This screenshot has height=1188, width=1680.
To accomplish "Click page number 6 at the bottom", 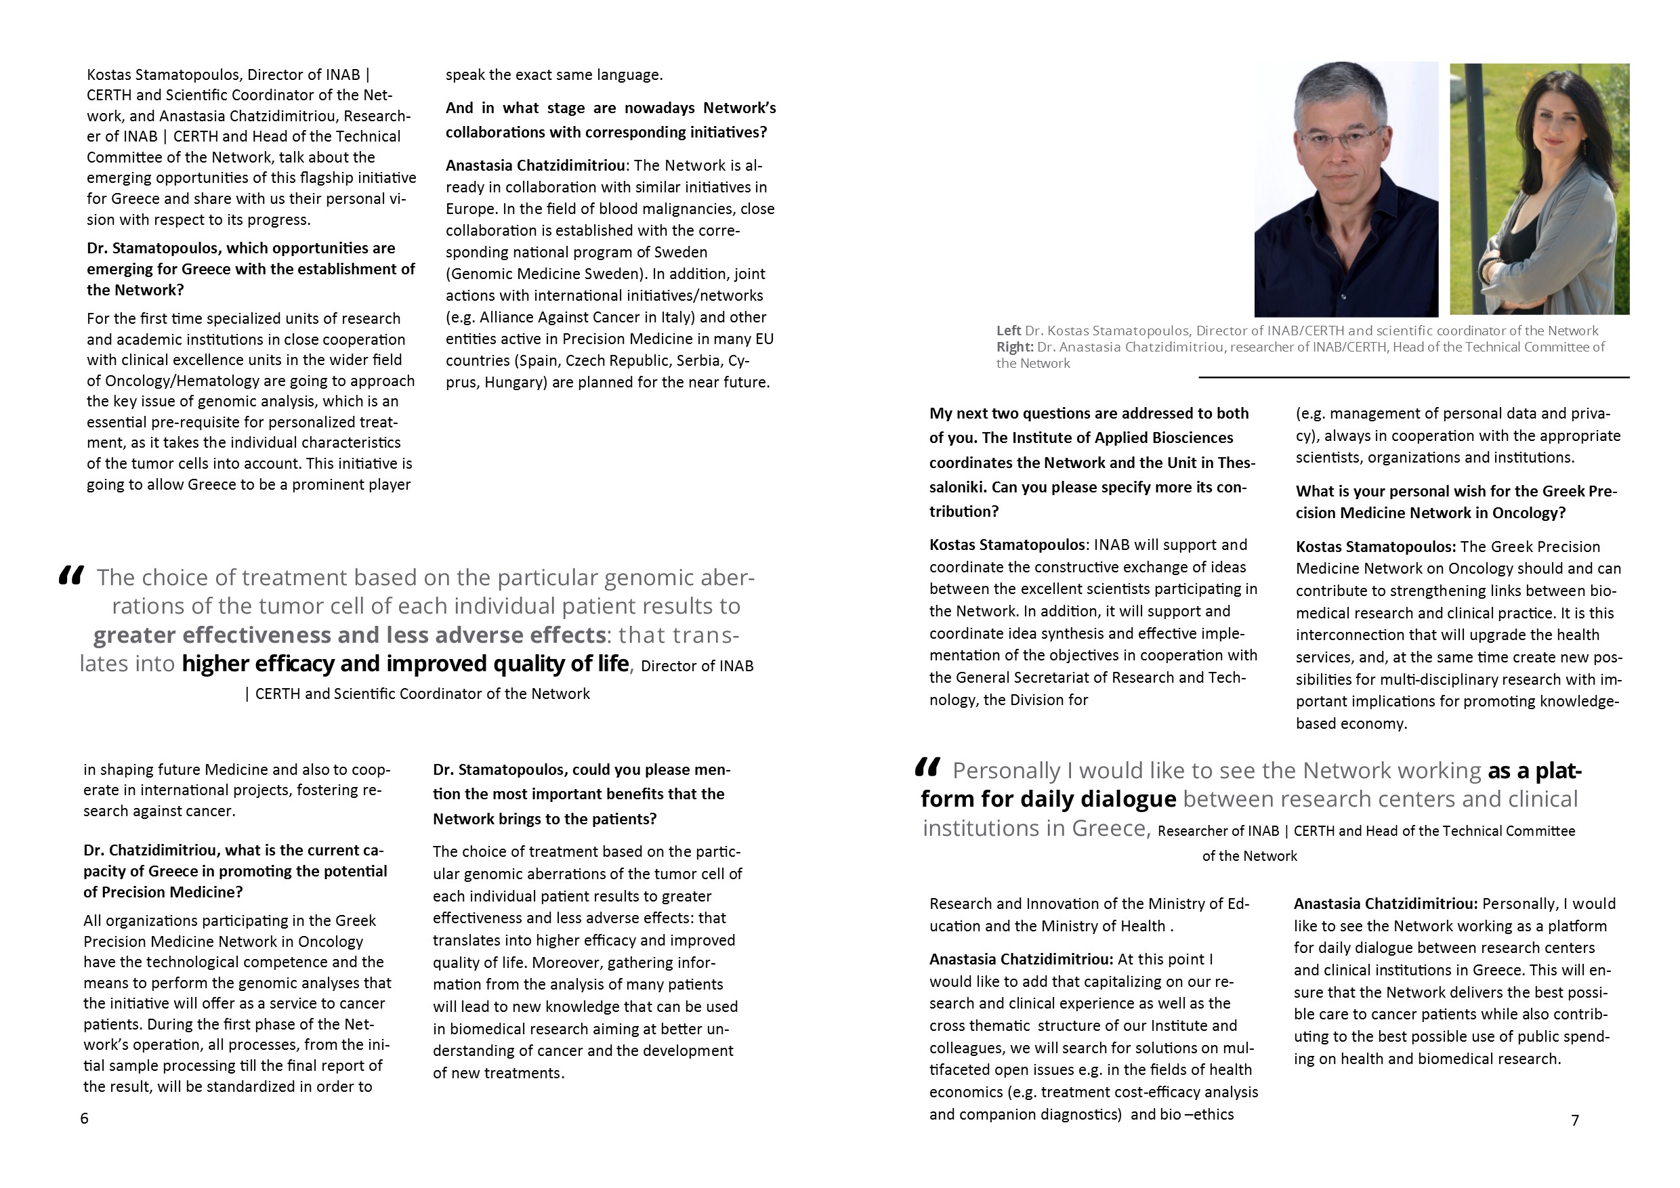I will (x=84, y=1118).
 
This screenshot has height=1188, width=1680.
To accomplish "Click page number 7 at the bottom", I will (x=1576, y=1120).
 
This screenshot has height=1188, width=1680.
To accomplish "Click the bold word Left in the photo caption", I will (x=1008, y=331).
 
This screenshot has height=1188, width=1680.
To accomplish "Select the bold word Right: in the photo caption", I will (x=1015, y=347).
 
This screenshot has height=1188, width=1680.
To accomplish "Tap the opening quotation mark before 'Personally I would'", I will (x=927, y=767).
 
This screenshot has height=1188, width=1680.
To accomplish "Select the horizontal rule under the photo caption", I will (x=1413, y=377).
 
